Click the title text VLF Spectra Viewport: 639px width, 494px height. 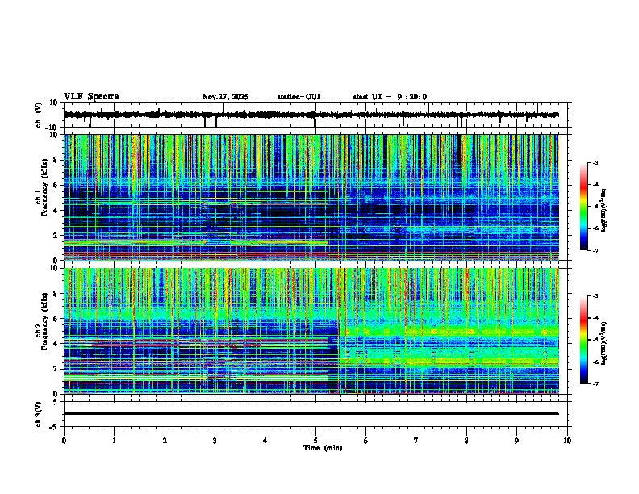[x=91, y=97]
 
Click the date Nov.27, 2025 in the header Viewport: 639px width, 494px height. [x=224, y=97]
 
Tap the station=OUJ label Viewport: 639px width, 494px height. [x=299, y=97]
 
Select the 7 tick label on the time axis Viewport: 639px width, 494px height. [x=416, y=440]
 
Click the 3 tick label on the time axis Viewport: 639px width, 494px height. [x=215, y=440]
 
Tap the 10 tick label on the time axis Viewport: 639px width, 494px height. [x=567, y=440]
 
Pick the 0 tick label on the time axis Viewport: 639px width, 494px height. [x=64, y=440]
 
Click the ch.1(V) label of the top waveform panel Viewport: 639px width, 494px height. [x=39, y=115]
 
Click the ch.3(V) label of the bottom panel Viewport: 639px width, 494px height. [x=39, y=412]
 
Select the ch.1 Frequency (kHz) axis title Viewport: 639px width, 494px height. [x=42, y=197]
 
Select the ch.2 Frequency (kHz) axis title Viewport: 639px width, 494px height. [x=42, y=330]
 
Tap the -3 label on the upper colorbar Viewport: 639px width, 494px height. [x=595, y=163]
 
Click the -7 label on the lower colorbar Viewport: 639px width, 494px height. [x=595, y=384]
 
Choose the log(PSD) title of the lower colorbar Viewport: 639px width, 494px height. [x=615, y=340]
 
